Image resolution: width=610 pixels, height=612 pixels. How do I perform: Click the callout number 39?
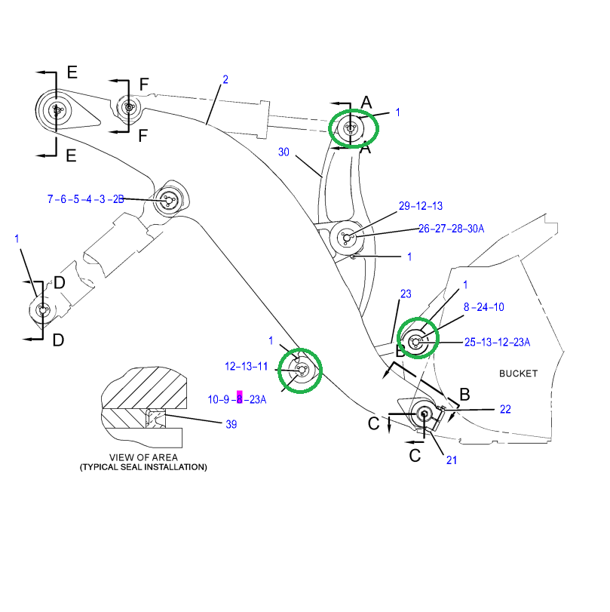231,424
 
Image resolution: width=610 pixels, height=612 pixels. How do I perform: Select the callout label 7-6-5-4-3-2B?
85,199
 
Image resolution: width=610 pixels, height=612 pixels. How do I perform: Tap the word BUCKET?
518,374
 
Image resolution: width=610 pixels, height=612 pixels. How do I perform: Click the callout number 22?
505,409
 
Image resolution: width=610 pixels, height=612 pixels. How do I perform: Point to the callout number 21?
450,460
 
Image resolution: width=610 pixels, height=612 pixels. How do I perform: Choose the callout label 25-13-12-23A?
497,343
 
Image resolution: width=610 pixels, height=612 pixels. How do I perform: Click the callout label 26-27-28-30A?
452,229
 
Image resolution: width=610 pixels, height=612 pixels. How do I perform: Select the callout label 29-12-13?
420,206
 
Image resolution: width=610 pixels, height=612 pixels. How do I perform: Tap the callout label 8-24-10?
483,307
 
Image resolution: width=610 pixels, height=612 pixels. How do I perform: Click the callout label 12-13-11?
246,367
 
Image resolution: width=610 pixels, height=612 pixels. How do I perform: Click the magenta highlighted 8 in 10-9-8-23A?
240,399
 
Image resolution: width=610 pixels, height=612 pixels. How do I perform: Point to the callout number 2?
225,79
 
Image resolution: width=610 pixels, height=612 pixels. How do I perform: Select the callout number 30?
284,152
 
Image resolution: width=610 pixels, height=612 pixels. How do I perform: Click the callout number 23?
405,294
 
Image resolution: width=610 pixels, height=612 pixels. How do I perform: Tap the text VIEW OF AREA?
143,457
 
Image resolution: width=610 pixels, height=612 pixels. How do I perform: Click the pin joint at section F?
129,107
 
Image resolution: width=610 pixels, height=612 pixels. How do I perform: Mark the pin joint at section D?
41,309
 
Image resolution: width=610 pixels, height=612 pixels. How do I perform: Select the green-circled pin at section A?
351,128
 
